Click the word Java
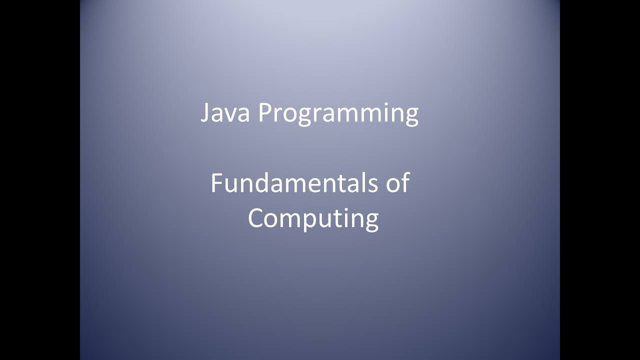[x=225, y=113]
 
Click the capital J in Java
[x=205, y=113]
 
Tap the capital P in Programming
[x=264, y=113]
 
